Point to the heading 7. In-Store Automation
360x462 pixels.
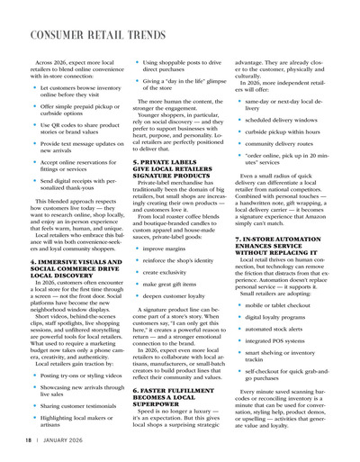click(286, 244)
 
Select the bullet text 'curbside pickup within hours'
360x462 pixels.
click(286, 131)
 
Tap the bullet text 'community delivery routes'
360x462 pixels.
click(283, 143)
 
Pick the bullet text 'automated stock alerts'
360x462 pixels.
click(279, 329)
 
